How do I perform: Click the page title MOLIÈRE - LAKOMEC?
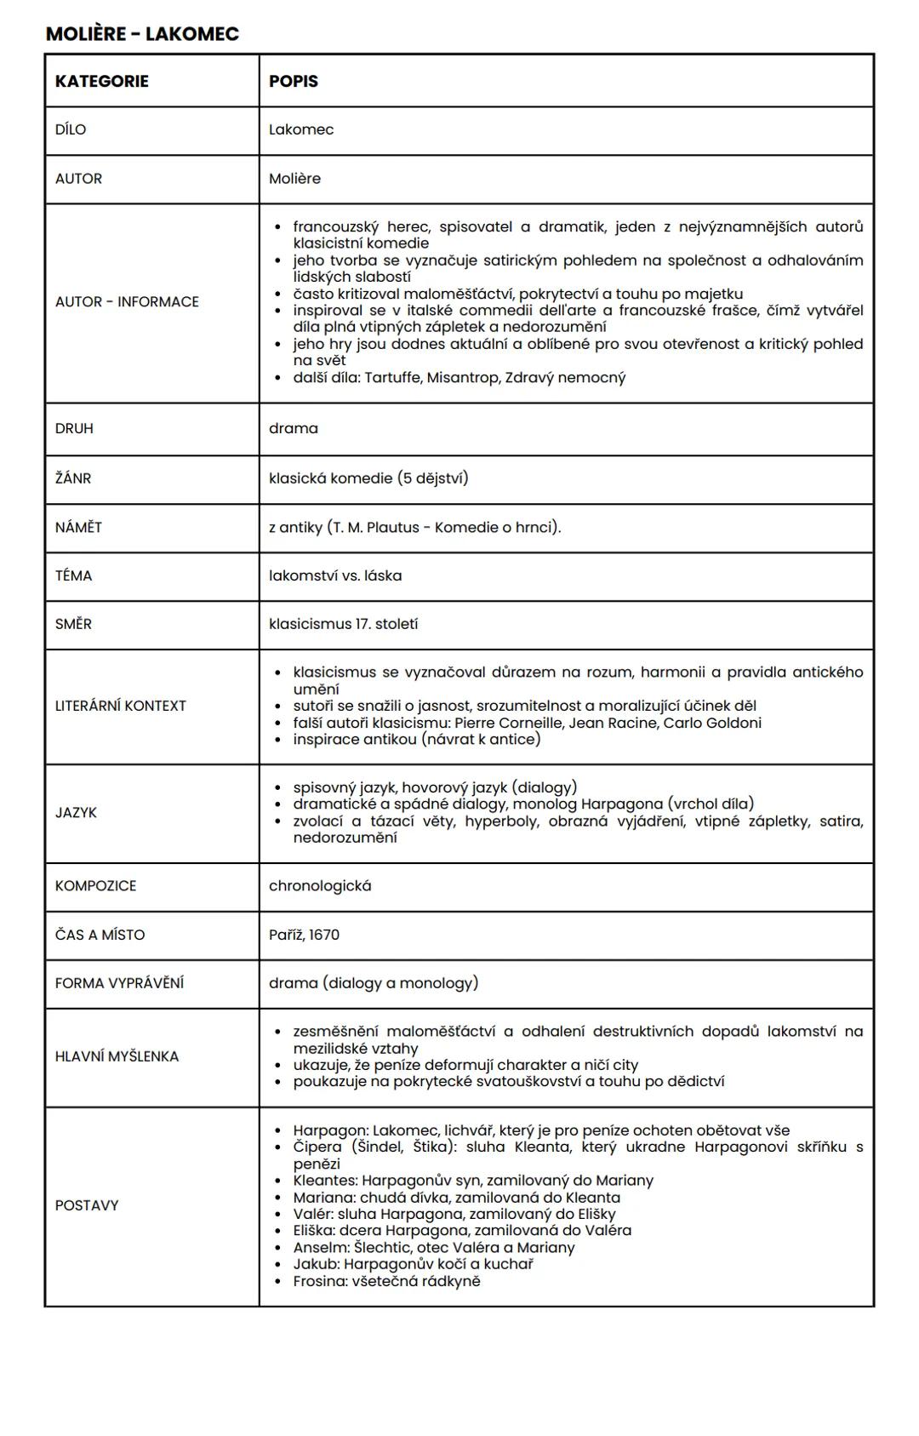(x=142, y=34)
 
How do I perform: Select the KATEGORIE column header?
(x=101, y=81)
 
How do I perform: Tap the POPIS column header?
(x=293, y=81)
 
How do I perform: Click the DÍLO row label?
(x=71, y=129)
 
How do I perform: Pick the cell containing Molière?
(x=294, y=179)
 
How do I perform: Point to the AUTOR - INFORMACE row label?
(x=127, y=301)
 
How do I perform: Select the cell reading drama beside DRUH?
(x=293, y=428)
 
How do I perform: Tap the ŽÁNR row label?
(x=73, y=478)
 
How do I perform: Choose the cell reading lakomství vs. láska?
(x=335, y=576)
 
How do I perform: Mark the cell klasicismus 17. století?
(x=343, y=624)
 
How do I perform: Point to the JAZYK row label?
(x=76, y=813)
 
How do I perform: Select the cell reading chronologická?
(x=320, y=886)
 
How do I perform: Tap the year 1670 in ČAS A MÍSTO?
(x=323, y=935)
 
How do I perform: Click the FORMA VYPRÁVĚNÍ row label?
(x=119, y=983)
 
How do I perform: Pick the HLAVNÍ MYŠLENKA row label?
(x=117, y=1056)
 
